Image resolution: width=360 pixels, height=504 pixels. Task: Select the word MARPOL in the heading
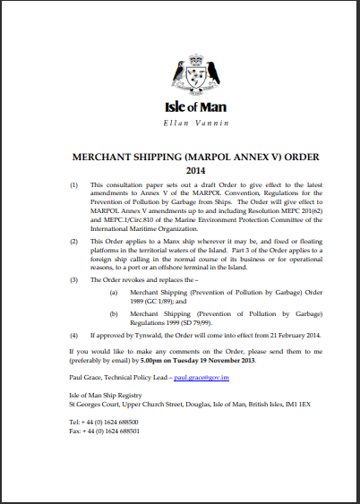202,156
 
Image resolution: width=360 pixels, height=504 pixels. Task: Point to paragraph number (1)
73,183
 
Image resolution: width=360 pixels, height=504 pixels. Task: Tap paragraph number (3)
73,280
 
